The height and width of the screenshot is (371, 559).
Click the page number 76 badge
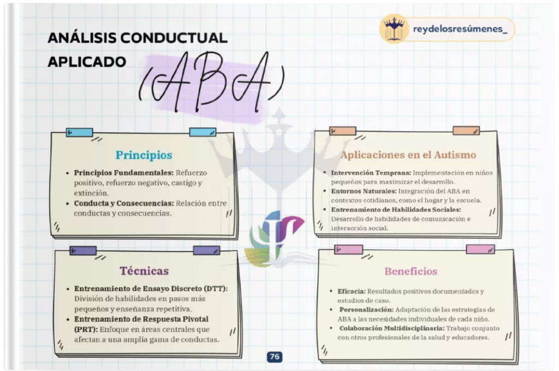[275, 357]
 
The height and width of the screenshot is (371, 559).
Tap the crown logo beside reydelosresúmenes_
[394, 28]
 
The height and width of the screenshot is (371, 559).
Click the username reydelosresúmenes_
[460, 29]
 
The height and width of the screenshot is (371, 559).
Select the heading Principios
[144, 155]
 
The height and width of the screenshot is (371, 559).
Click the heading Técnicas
[144, 271]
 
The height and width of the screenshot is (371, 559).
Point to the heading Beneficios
[411, 271]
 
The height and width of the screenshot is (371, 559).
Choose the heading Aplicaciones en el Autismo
[408, 155]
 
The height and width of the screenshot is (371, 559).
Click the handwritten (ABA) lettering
[211, 83]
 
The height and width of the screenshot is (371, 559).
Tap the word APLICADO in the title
[87, 62]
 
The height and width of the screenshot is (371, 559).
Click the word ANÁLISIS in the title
[82, 38]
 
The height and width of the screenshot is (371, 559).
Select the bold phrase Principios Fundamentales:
[124, 173]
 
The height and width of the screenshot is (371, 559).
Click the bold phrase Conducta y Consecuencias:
[124, 203]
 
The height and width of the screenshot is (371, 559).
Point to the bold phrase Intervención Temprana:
[371, 173]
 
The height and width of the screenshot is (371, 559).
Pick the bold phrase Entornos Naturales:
[364, 191]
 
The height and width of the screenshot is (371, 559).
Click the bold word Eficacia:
[352, 291]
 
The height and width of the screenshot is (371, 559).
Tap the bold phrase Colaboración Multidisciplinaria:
[392, 328]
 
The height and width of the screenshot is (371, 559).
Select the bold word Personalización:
[366, 310]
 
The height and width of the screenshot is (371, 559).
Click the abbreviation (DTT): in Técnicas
[215, 288]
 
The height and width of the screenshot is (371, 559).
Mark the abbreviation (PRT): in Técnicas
[86, 329]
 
